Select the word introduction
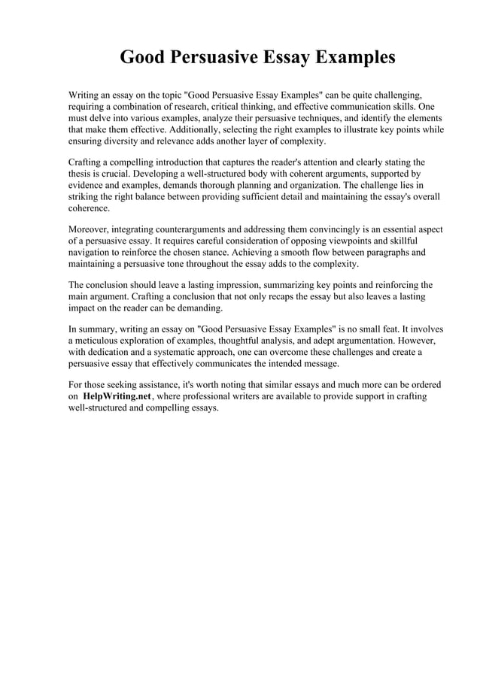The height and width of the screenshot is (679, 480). (195, 162)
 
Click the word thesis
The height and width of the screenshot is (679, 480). (81, 173)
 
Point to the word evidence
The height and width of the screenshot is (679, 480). (88, 184)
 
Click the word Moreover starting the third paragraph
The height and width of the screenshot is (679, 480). (91, 229)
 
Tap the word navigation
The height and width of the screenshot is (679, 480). (91, 252)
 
